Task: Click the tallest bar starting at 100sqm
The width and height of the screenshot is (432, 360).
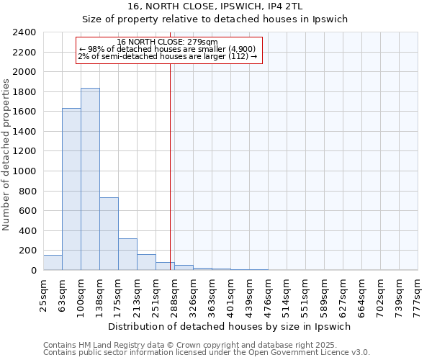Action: [x=90, y=180]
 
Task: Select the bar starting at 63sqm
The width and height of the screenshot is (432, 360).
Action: [x=71, y=189]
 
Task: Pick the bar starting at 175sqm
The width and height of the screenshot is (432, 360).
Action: [x=127, y=254]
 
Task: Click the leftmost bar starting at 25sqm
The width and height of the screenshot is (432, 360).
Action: [x=53, y=263]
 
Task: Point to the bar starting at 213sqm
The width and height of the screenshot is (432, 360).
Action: [x=146, y=262]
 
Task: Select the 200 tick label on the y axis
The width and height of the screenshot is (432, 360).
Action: [x=27, y=251]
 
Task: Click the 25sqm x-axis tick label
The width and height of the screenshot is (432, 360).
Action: [x=43, y=294]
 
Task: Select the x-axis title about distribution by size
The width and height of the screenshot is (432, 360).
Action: [x=230, y=326]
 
